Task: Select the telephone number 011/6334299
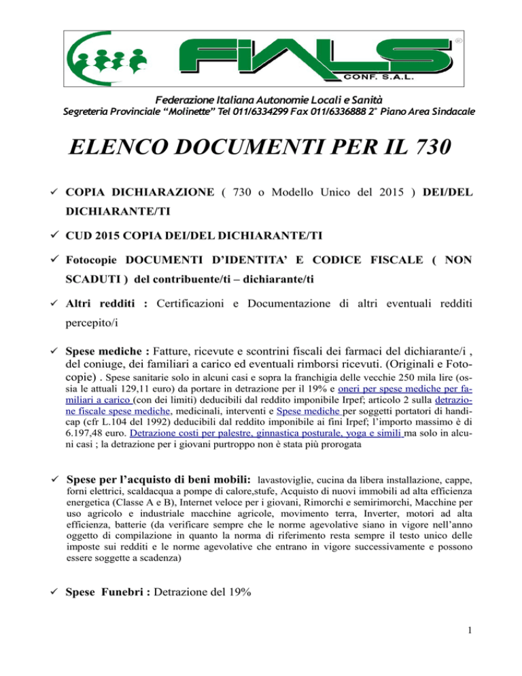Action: click(x=207, y=111)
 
